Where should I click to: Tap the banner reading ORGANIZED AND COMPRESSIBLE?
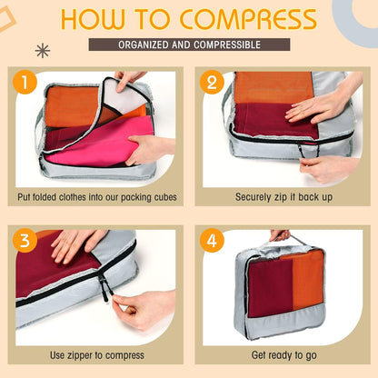tap(189, 45)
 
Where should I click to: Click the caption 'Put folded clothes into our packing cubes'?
tap(96, 196)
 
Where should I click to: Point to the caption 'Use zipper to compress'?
tap(96, 354)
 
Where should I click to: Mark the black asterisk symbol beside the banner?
tap(42, 50)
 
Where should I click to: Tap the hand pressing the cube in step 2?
tap(318, 105)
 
